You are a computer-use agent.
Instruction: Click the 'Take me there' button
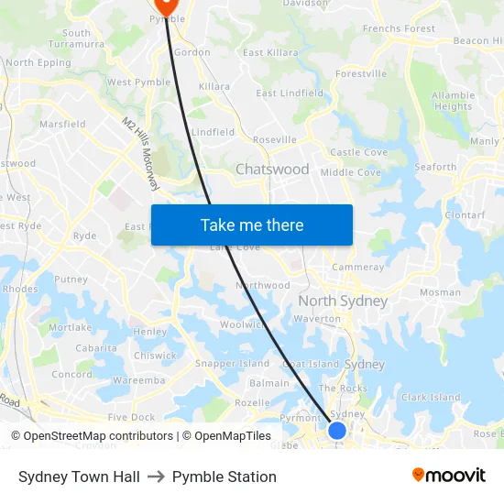click(252, 225)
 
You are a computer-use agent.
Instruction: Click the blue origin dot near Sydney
click(337, 431)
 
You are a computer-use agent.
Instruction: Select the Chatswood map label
click(272, 170)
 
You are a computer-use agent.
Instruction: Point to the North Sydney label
click(343, 301)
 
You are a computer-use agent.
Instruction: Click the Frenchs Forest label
click(400, 29)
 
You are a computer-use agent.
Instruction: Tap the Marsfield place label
click(62, 125)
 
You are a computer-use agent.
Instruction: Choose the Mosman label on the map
click(440, 292)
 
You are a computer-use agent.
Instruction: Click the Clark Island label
click(431, 398)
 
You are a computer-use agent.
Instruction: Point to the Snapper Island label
click(233, 364)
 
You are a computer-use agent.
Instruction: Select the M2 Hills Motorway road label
click(141, 153)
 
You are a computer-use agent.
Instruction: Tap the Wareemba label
click(138, 379)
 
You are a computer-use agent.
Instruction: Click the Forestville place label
click(361, 73)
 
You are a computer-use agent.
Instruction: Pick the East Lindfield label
click(290, 93)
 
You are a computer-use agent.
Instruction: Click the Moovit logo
click(448, 476)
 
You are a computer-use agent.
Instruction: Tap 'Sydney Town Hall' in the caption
click(79, 477)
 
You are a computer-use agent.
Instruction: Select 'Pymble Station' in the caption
click(225, 477)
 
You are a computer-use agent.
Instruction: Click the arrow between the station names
click(156, 477)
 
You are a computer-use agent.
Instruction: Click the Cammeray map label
click(358, 268)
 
